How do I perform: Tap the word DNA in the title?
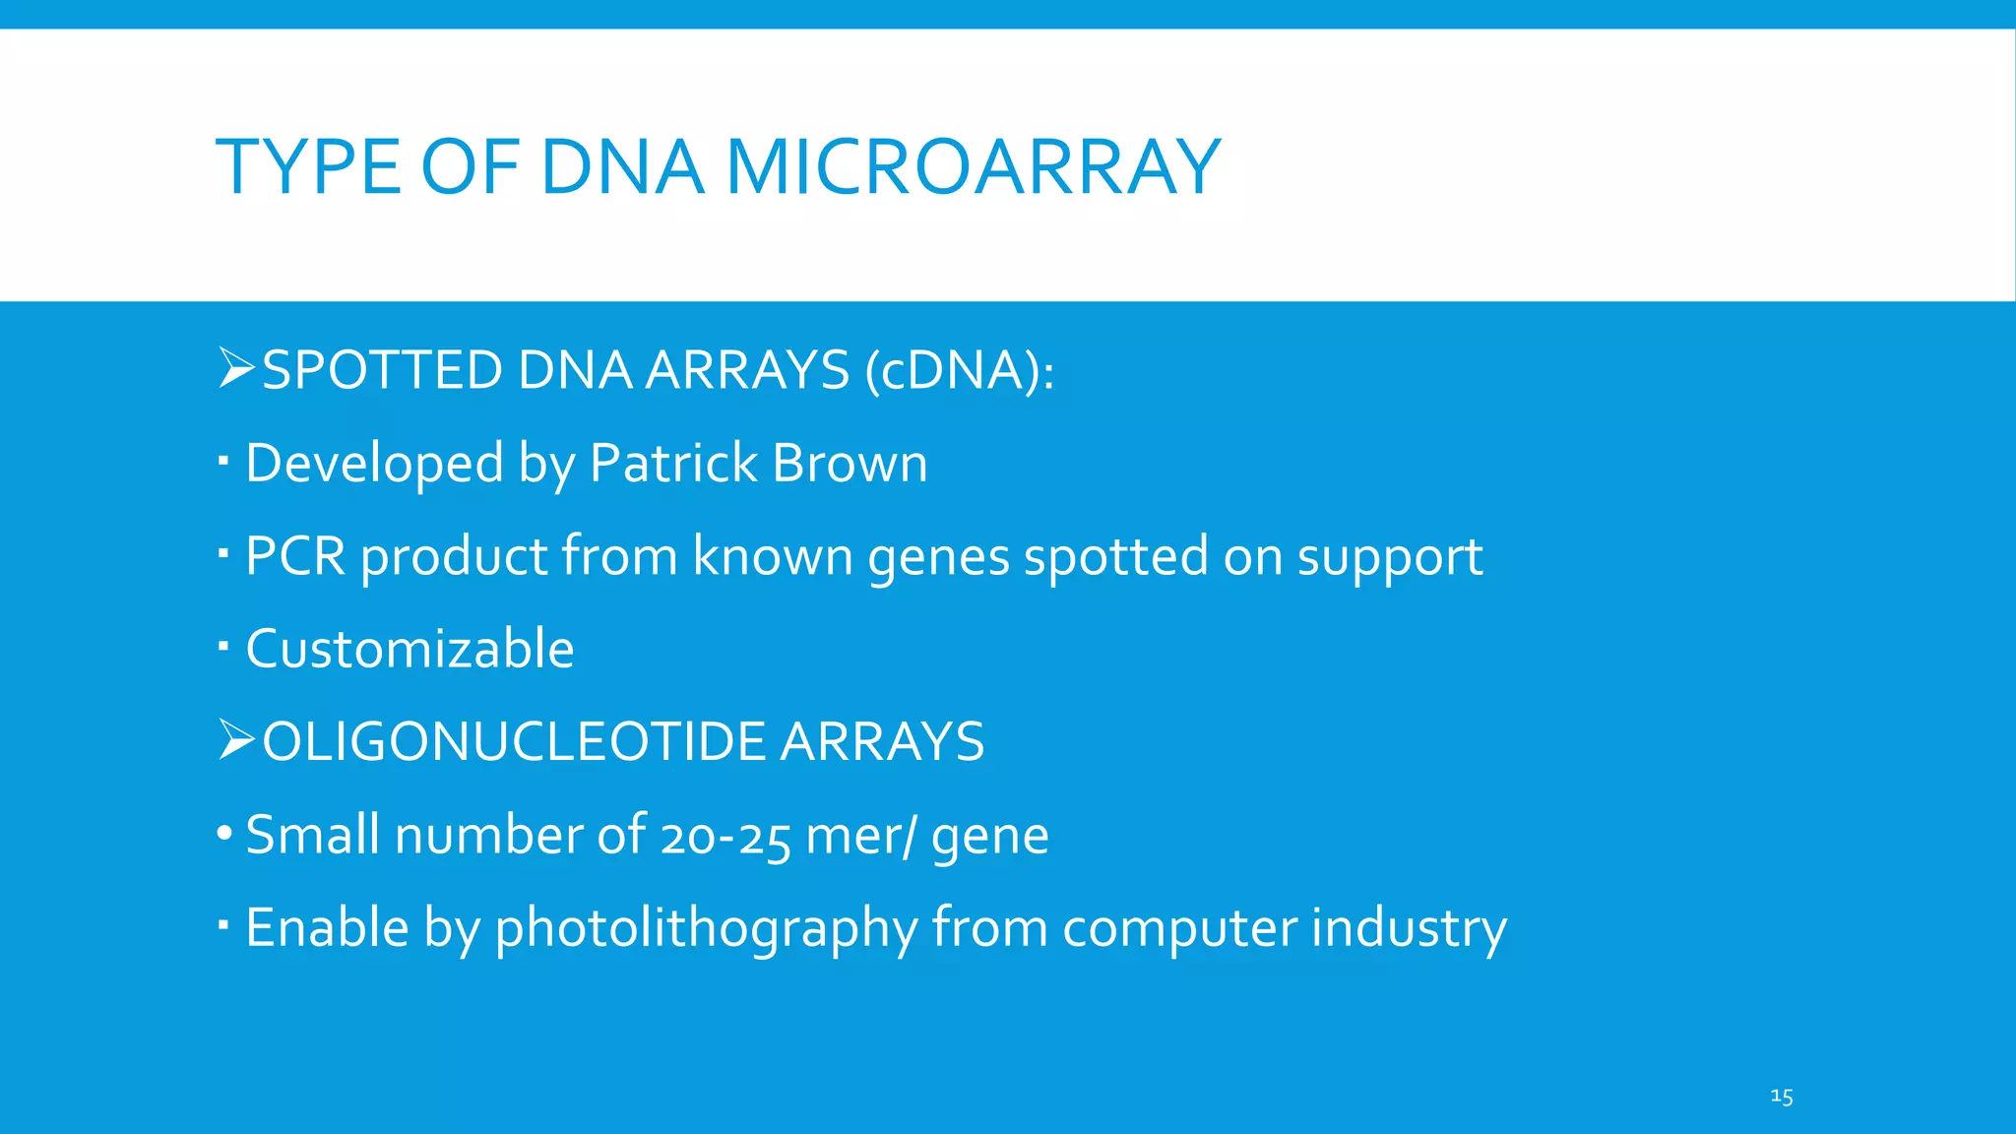tap(622, 167)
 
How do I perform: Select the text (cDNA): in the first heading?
tap(960, 371)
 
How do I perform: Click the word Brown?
tap(850, 463)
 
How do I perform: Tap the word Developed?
tap(374, 465)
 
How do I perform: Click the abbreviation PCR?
tap(295, 556)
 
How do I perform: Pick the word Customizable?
tap(409, 649)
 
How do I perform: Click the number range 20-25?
tap(725, 837)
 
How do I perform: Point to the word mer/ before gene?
tap(860, 837)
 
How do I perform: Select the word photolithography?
tap(706, 928)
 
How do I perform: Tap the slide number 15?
tap(1781, 1097)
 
